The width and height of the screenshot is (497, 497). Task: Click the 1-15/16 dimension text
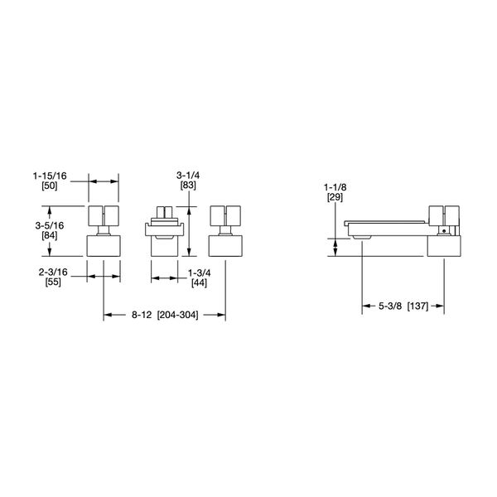pos(50,176)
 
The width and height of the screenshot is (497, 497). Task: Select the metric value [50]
pos(50,186)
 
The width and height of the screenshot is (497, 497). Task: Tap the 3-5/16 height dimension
pos(50,225)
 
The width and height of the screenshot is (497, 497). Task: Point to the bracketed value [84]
pos(50,235)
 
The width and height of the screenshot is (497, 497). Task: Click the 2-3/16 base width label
pos(53,272)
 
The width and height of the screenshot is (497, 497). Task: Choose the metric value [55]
pos(53,282)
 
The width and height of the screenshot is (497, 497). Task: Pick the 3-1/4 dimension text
pos(188,176)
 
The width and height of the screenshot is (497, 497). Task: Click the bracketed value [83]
pos(188,185)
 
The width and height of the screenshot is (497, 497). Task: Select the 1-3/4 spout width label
pos(199,273)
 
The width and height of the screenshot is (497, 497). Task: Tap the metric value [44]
pos(199,282)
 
